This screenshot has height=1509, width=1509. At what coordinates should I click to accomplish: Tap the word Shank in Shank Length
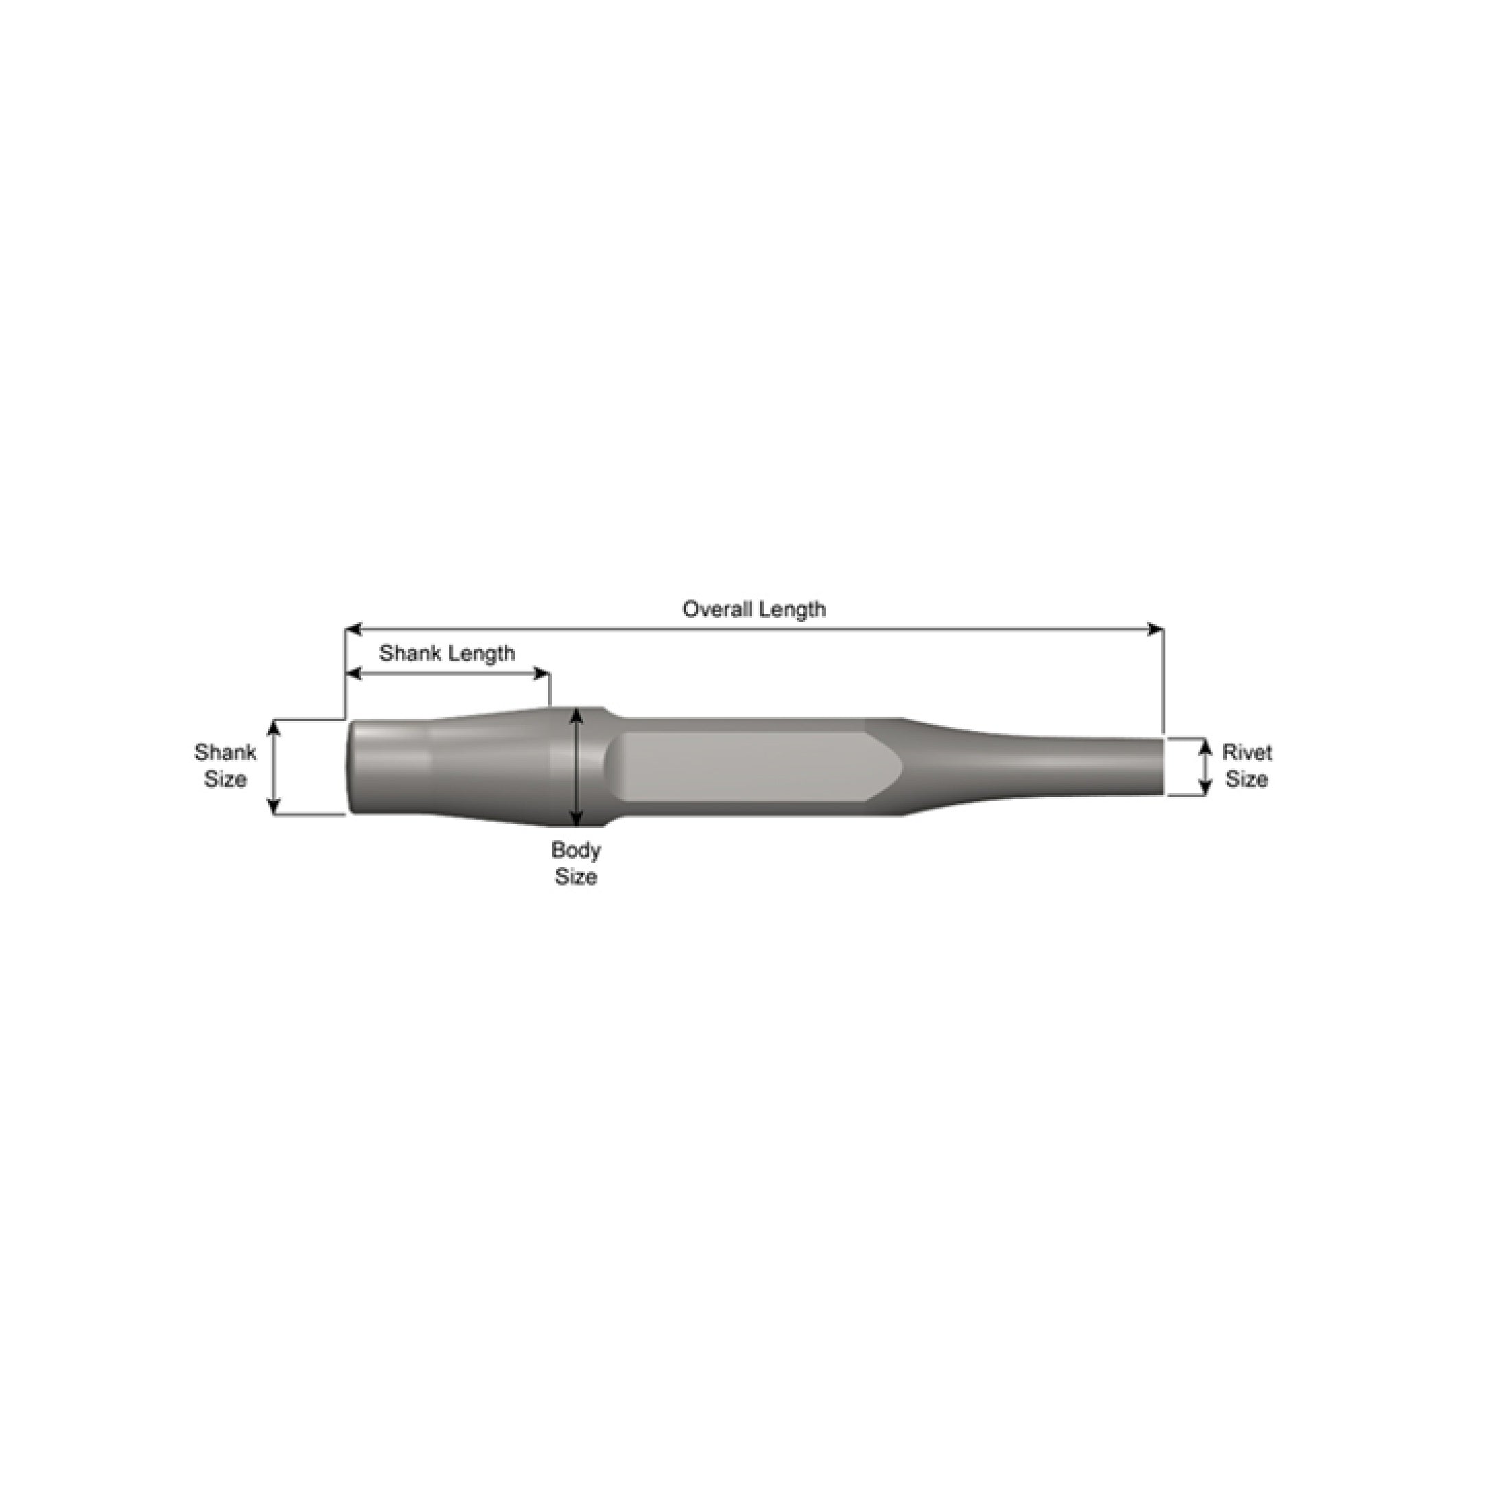pos(407,653)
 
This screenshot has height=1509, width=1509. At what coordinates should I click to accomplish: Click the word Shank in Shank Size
pos(225,752)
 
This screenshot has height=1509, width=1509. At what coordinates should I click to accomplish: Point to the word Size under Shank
pos(225,779)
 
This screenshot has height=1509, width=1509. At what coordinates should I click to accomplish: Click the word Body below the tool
pos(575,850)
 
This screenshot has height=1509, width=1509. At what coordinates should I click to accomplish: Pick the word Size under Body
pos(575,877)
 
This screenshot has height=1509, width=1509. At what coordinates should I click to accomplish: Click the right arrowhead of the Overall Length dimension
pos(1156,630)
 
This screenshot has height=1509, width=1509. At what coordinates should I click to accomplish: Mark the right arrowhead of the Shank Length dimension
pos(542,674)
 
